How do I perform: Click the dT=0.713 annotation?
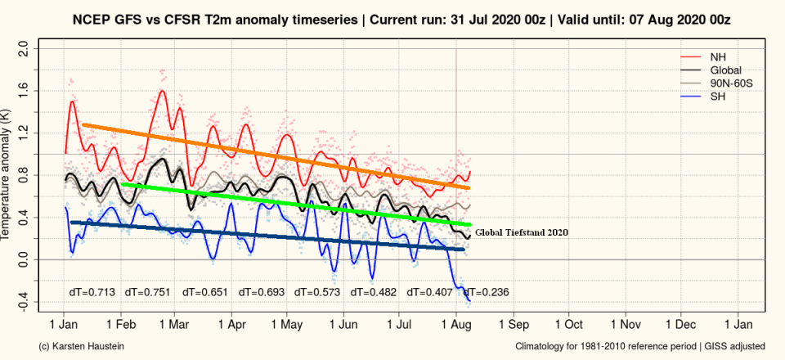(92, 291)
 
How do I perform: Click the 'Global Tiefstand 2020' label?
(521, 232)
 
